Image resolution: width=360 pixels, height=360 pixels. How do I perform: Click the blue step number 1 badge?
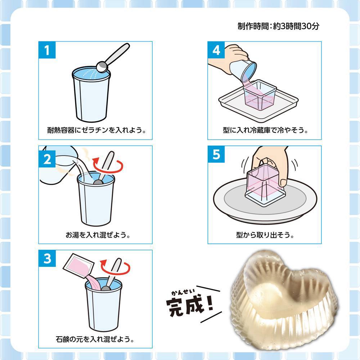pyautogui.click(x=47, y=50)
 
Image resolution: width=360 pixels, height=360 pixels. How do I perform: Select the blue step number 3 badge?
pyautogui.click(x=47, y=259)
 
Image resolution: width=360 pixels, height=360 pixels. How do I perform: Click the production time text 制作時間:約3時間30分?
pyautogui.click(x=278, y=27)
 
